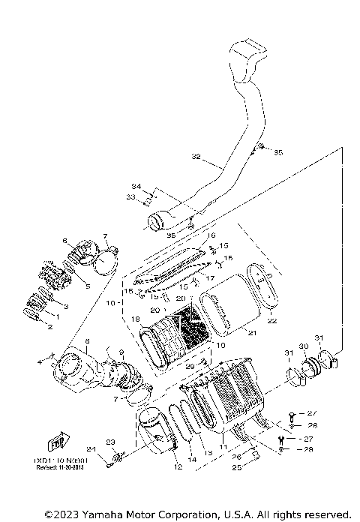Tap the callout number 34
point(136,186)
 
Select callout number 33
point(130,197)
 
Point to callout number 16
point(211,235)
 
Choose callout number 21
point(251,333)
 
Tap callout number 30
point(304,346)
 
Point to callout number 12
point(178,467)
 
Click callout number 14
point(192,459)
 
